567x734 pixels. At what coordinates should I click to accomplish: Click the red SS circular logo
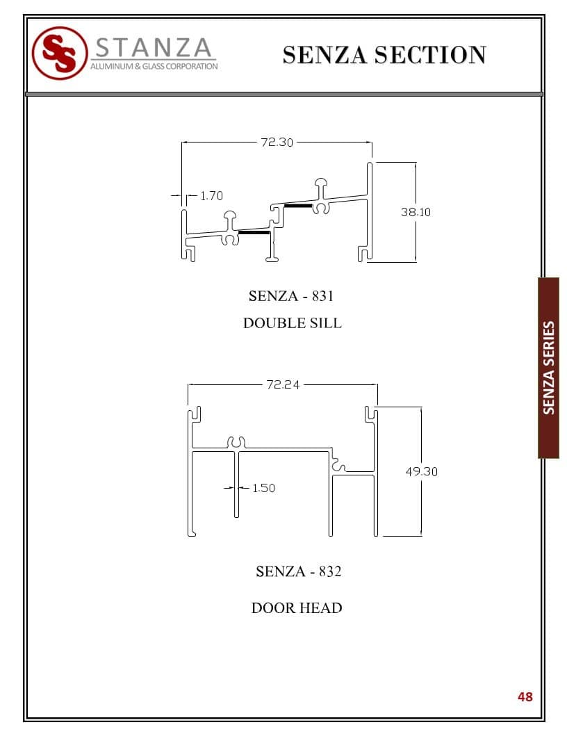pyautogui.click(x=60, y=53)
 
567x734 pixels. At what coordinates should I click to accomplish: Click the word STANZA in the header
pyautogui.click(x=153, y=48)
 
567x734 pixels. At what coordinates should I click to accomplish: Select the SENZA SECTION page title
pyautogui.click(x=384, y=54)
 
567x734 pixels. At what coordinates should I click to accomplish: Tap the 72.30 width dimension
pyautogui.click(x=277, y=142)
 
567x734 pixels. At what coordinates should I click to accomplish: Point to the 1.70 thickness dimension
pyautogui.click(x=211, y=196)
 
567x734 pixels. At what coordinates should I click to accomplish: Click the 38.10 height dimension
pyautogui.click(x=416, y=212)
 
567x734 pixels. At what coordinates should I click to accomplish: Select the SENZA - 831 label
pyautogui.click(x=291, y=295)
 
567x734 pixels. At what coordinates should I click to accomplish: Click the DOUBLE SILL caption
pyautogui.click(x=292, y=323)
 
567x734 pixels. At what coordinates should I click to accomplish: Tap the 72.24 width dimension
pyautogui.click(x=283, y=384)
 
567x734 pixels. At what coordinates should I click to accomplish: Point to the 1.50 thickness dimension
pyautogui.click(x=263, y=488)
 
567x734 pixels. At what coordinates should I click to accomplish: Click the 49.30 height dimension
pyautogui.click(x=421, y=471)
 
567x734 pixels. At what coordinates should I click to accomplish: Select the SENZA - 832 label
pyautogui.click(x=298, y=571)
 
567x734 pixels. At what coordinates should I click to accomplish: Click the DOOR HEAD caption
pyautogui.click(x=297, y=608)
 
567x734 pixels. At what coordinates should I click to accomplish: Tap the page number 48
pyautogui.click(x=525, y=696)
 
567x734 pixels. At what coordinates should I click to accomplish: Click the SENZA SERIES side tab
pyautogui.click(x=549, y=368)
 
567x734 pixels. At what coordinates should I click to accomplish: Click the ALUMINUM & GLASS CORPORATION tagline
pyautogui.click(x=154, y=67)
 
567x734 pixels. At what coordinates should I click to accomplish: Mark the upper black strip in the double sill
pyautogui.click(x=298, y=206)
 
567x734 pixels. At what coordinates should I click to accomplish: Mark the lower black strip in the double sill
pyautogui.click(x=254, y=233)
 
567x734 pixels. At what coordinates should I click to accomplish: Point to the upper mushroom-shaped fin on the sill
pyautogui.click(x=322, y=186)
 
